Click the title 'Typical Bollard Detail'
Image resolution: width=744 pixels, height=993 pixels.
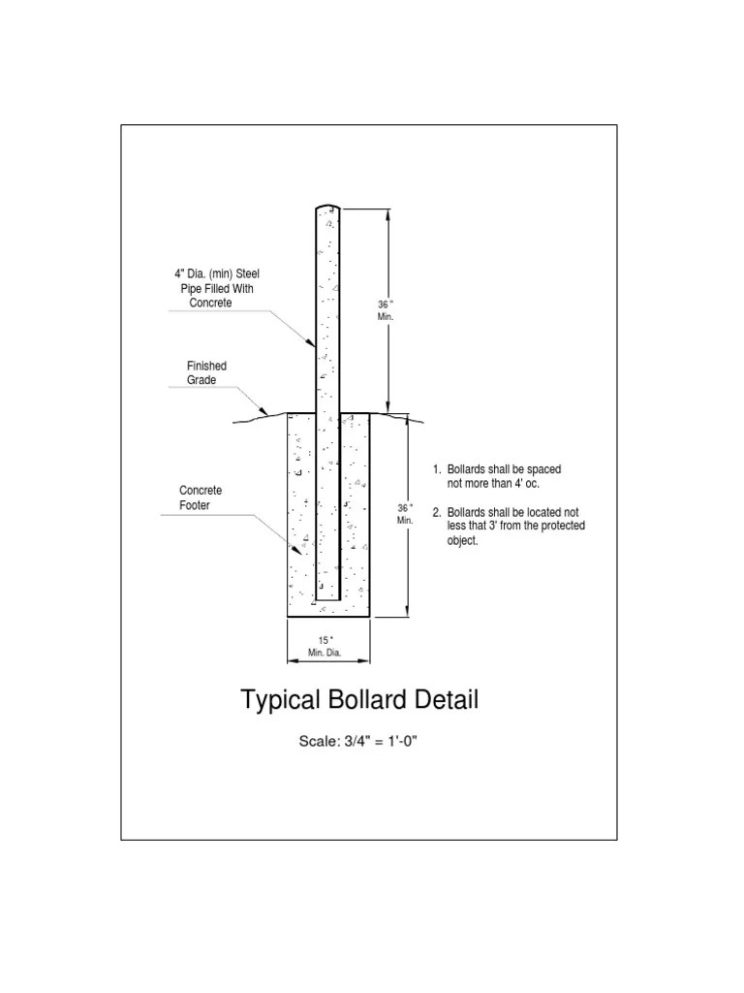tap(358, 700)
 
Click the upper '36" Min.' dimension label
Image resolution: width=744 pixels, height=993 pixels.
tap(385, 311)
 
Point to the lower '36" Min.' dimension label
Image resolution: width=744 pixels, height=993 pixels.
tap(406, 514)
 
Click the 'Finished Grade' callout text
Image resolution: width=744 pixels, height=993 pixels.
tap(206, 373)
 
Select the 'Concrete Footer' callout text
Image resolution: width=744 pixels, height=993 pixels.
tap(201, 498)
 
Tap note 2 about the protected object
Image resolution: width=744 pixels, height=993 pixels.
tap(508, 527)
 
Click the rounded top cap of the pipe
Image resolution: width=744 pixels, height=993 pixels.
tap(326, 208)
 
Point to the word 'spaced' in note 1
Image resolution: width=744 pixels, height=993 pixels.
tap(543, 469)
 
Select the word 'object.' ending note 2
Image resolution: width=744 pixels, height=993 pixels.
tap(463, 540)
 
